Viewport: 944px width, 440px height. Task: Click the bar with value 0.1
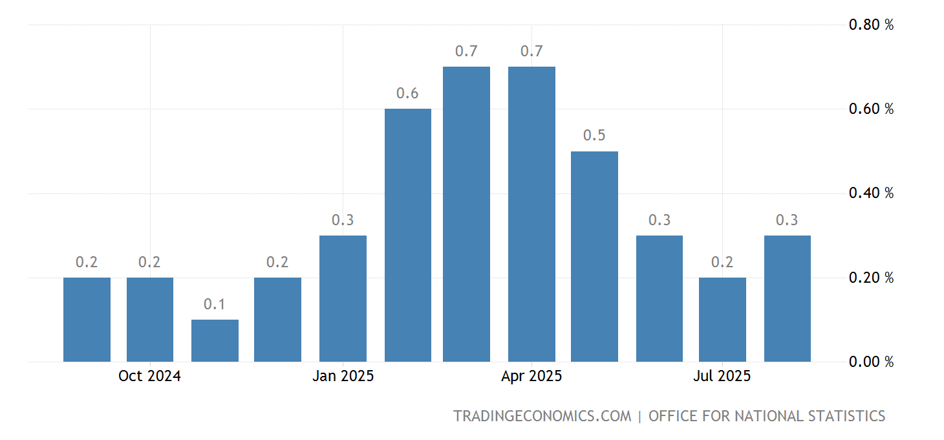click(x=215, y=340)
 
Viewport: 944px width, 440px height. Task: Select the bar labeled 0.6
click(x=407, y=235)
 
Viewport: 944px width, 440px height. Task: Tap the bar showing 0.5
click(x=594, y=256)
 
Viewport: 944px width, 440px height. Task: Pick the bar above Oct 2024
click(x=150, y=320)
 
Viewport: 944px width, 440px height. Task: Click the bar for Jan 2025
click(x=343, y=298)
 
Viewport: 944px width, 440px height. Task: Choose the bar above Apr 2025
click(x=531, y=214)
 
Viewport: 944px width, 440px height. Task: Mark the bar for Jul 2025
click(x=722, y=320)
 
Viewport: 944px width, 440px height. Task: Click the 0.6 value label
click(x=407, y=93)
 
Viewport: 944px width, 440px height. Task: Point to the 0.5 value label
click(x=594, y=136)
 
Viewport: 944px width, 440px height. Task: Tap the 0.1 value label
click(x=215, y=304)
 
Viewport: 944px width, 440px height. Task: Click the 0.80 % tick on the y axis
click(x=871, y=25)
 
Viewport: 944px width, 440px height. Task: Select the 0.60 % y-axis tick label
click(x=871, y=109)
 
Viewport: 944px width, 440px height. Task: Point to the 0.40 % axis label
click(x=871, y=193)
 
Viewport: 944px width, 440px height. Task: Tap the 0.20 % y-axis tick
click(x=871, y=278)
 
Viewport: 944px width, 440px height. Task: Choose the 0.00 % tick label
click(x=871, y=362)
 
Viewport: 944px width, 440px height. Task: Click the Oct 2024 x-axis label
click(x=149, y=377)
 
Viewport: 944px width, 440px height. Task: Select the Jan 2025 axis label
click(x=343, y=377)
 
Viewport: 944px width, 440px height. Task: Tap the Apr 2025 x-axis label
click(x=531, y=377)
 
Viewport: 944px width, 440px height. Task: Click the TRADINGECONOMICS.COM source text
click(x=542, y=416)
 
